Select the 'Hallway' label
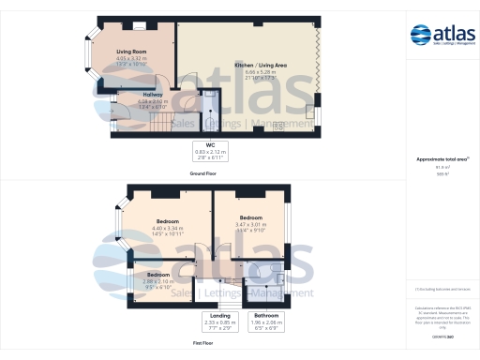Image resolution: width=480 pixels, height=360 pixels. pos(154,95)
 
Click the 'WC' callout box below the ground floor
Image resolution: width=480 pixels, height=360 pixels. pos(211,151)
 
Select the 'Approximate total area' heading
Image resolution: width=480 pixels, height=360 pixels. pos(442,159)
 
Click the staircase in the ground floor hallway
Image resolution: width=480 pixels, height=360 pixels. pos(165,121)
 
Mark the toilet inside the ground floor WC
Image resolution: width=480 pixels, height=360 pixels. pos(209,104)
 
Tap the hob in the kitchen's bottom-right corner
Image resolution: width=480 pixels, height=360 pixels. pos(277,129)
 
